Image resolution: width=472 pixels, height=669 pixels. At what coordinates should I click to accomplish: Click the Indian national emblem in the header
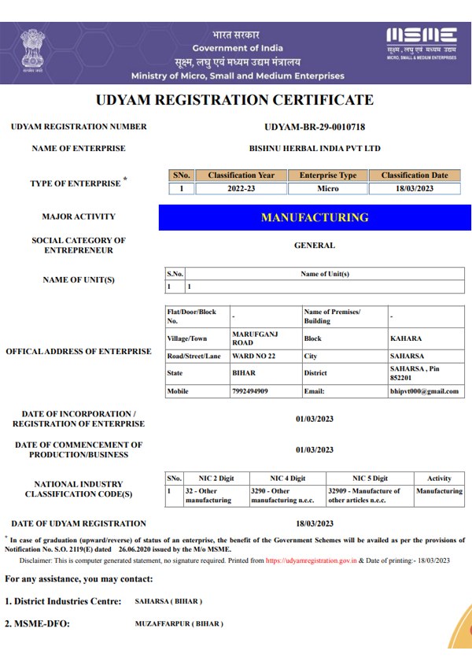pos(33,50)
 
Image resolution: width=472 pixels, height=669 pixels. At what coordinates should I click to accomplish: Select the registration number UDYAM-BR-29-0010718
pos(315,127)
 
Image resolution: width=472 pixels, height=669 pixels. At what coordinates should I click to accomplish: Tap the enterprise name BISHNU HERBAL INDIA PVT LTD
pos(315,148)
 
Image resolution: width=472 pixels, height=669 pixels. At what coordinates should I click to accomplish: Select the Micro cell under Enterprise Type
pos(327,189)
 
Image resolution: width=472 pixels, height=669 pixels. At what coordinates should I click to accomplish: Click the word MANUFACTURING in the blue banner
pos(315,217)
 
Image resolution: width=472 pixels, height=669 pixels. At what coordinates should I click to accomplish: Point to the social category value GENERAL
pos(315,246)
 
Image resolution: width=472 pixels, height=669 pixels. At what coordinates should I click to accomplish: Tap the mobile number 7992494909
pos(250,391)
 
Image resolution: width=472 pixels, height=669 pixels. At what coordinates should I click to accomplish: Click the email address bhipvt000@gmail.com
pos(423,391)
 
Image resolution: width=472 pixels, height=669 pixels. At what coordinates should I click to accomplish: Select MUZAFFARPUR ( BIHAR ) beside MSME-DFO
pos(179,624)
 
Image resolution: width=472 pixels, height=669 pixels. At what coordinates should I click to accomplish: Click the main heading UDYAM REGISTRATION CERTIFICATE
pos(234,101)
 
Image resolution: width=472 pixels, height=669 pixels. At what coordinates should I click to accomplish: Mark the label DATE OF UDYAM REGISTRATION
pos(79,524)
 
